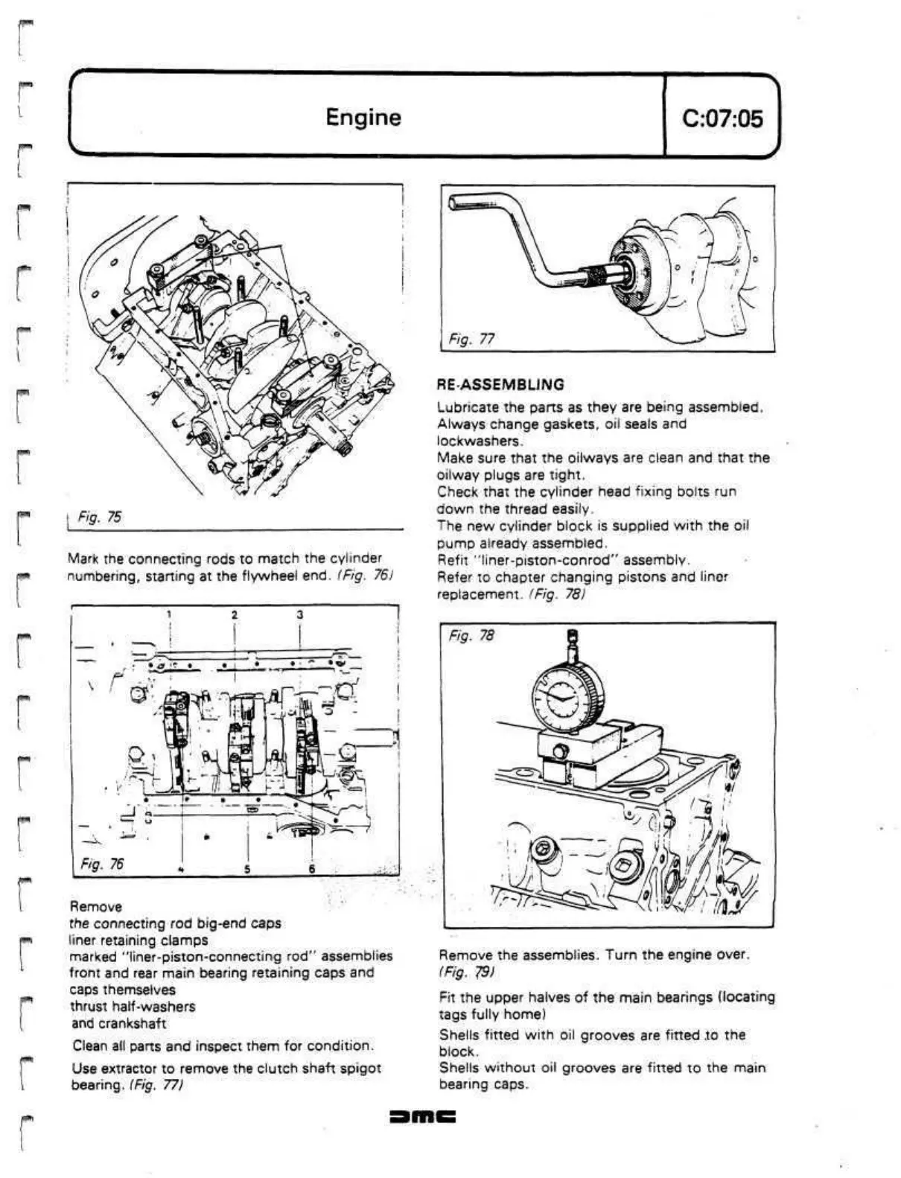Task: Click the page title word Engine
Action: [x=363, y=117]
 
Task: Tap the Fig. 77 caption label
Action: [x=471, y=340]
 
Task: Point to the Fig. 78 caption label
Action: [x=471, y=635]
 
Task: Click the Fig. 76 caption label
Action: [x=102, y=864]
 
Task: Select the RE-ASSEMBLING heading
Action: [x=500, y=385]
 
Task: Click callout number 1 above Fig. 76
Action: [x=170, y=614]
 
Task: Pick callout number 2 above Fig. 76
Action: [x=235, y=614]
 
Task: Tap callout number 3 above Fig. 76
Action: [x=299, y=614]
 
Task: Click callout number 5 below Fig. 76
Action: [x=247, y=869]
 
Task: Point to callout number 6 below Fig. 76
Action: [x=312, y=869]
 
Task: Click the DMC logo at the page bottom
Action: [x=422, y=1117]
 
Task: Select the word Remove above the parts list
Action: [x=95, y=906]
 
